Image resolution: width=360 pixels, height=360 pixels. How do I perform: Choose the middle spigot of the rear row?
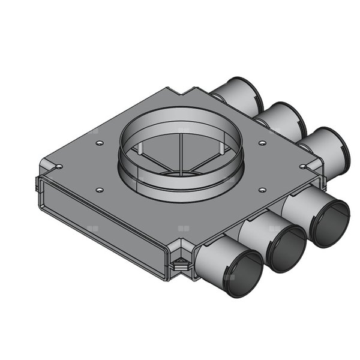[x=281, y=119]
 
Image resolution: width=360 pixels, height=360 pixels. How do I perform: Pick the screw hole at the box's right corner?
[x=304, y=166]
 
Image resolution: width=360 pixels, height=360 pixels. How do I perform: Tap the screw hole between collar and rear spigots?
[x=262, y=143]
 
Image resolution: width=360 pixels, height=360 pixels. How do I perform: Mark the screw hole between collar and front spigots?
[x=262, y=190]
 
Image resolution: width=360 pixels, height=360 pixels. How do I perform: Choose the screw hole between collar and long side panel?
[x=99, y=190]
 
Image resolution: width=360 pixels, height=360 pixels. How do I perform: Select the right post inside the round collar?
[x=224, y=150]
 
